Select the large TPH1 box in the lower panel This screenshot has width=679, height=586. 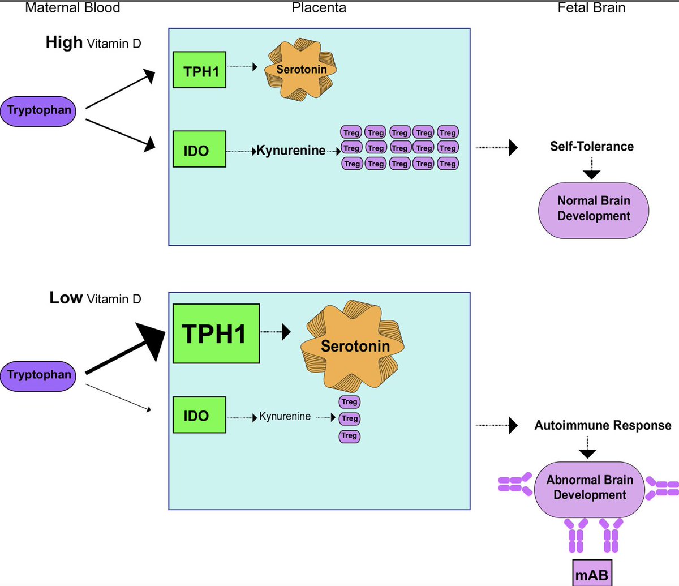(216, 333)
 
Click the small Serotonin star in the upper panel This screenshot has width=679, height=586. (302, 70)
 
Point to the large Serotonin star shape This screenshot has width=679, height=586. (355, 345)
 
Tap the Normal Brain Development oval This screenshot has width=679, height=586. (593, 208)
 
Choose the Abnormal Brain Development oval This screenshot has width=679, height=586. (589, 487)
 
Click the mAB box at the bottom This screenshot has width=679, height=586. (592, 575)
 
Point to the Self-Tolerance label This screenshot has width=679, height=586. (591, 147)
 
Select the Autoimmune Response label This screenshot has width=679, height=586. (603, 425)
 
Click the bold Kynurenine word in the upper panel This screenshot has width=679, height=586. (291, 151)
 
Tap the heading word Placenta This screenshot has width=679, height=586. (319, 8)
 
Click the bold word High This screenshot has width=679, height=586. (64, 42)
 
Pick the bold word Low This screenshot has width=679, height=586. (66, 298)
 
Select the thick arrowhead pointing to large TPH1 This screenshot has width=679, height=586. (153, 340)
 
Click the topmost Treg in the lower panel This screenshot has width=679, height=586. (349, 401)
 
